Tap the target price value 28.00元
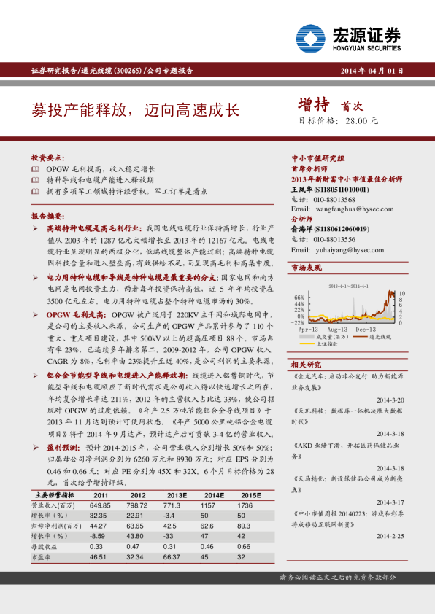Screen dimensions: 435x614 pyautogui.click(x=361, y=121)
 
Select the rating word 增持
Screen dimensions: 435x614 pyautogui.click(x=315, y=105)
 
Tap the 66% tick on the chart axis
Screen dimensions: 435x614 pyautogui.click(x=299, y=298)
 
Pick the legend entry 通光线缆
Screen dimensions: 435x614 pyautogui.click(x=380, y=337)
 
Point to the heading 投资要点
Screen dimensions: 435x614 pyautogui.click(x=47, y=158)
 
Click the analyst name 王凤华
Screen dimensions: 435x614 pyautogui.click(x=302, y=189)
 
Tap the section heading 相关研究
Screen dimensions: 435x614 pyautogui.click(x=306, y=364)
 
